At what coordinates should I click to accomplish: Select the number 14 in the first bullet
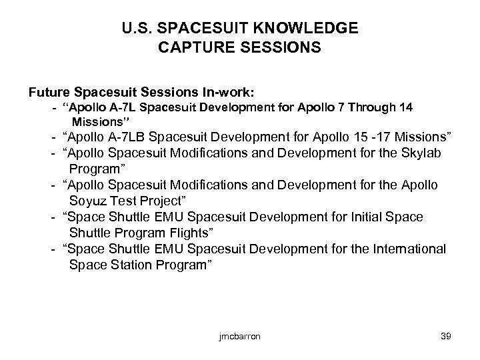[401, 108]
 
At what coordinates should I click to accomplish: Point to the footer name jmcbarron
[239, 337]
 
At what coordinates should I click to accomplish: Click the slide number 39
[446, 337]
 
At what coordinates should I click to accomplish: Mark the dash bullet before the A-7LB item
[51, 138]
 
